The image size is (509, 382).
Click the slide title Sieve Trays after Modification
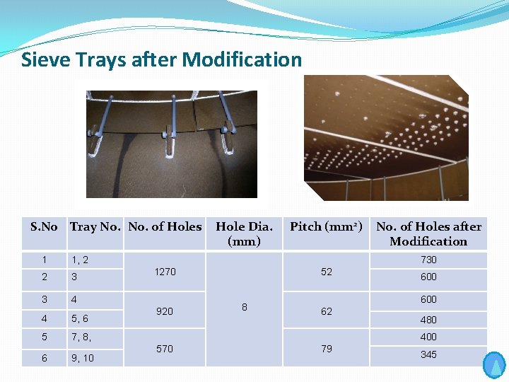[x=161, y=59]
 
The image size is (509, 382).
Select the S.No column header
[x=44, y=227]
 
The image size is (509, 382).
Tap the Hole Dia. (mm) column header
[x=244, y=233]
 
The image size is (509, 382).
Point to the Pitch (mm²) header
[x=326, y=227]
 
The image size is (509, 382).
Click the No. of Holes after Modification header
[x=428, y=233]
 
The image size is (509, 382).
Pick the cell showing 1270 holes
[x=165, y=272]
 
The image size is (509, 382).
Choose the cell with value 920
[x=165, y=311]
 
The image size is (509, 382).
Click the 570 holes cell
[x=165, y=349]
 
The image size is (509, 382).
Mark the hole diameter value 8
[x=244, y=307]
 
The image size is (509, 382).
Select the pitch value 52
[x=326, y=272]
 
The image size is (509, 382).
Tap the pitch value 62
[x=326, y=311]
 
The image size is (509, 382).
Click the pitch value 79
[x=326, y=349]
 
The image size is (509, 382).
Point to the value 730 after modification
[x=428, y=260]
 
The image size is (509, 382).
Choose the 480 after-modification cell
[x=428, y=320]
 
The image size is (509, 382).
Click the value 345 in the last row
[x=428, y=354]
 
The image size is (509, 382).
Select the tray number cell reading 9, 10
[x=82, y=358]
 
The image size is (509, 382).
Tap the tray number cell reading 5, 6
[x=79, y=319]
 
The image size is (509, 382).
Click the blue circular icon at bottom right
[x=494, y=365]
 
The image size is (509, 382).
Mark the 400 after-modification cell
[x=428, y=337]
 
